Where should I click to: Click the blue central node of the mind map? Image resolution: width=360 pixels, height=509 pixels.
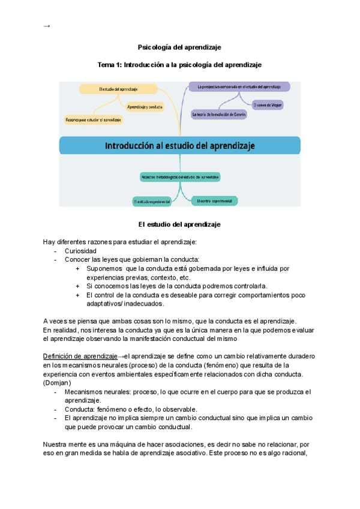point(179,145)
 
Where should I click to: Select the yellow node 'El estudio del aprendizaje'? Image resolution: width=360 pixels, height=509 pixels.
point(118,89)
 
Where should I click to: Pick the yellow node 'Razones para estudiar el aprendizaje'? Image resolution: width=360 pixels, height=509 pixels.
point(94,120)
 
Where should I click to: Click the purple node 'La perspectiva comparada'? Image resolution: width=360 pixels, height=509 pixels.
point(239,86)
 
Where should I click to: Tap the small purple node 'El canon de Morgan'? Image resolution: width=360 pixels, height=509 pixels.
point(268,104)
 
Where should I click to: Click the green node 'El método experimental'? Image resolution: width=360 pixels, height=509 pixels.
point(152,202)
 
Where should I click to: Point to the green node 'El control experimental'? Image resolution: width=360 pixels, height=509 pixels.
point(214,200)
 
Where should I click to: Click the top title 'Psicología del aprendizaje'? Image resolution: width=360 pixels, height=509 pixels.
point(179,47)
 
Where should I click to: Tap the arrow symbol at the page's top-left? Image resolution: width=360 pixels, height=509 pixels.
point(47,26)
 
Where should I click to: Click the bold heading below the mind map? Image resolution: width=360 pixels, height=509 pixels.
point(179,224)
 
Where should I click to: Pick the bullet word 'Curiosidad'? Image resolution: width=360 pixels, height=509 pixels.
point(81,251)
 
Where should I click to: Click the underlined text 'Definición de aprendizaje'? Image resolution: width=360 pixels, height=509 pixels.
point(80,356)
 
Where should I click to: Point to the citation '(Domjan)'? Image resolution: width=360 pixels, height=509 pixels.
point(57,382)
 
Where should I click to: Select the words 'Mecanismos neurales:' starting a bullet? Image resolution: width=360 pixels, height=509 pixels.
point(95,391)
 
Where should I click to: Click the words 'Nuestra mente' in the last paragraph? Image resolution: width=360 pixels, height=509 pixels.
point(65,445)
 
